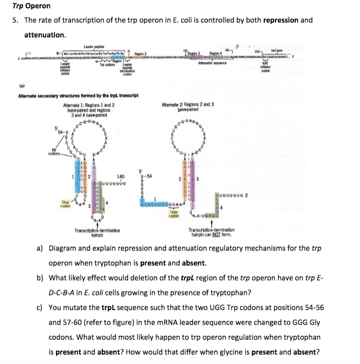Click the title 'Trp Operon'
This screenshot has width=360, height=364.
click(31, 6)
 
